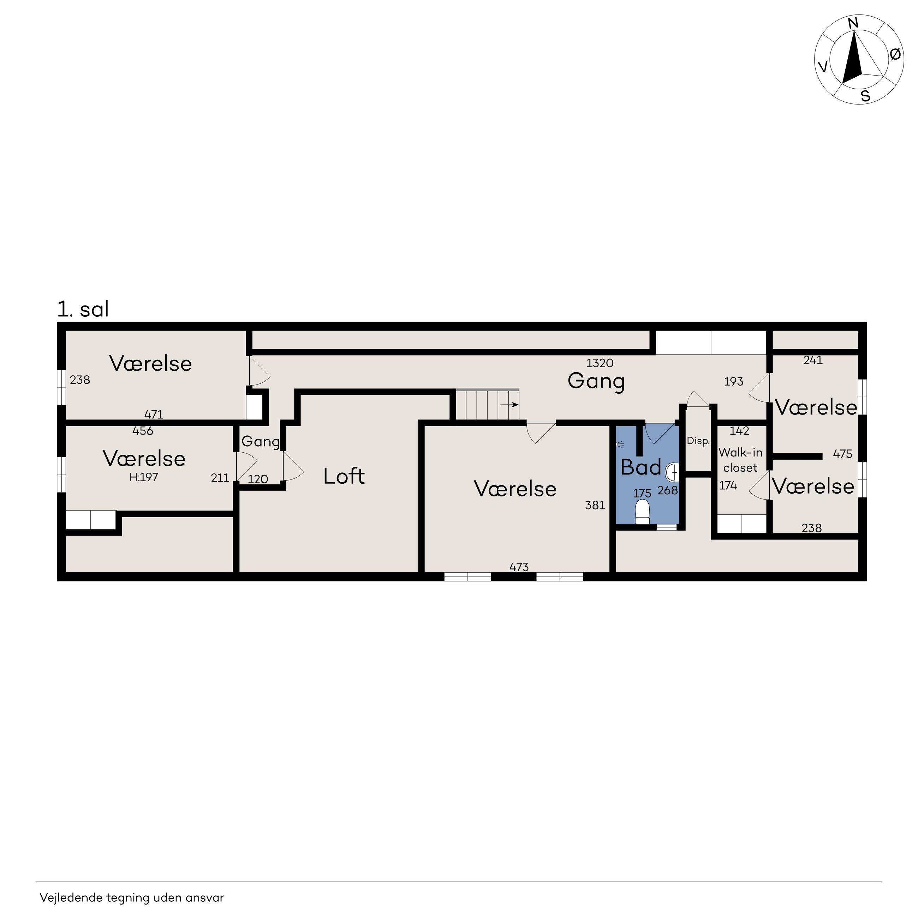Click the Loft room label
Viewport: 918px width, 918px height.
[344, 476]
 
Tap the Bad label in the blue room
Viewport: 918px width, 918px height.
[641, 467]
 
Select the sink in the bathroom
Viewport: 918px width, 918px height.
[673, 473]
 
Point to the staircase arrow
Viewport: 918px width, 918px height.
[509, 405]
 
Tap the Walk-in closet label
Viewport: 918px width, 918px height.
[740, 460]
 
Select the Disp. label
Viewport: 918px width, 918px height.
[698, 441]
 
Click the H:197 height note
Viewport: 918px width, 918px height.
[143, 477]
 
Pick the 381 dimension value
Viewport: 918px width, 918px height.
[595, 505]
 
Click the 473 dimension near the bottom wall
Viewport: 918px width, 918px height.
[519, 567]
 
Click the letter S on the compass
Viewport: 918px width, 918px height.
[865, 96]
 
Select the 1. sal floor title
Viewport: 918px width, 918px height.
[83, 309]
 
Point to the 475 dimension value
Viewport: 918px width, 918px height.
[842, 454]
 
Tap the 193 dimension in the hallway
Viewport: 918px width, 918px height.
[734, 382]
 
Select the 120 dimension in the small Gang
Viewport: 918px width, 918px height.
[258, 479]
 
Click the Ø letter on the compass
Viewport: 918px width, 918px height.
[895, 55]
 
